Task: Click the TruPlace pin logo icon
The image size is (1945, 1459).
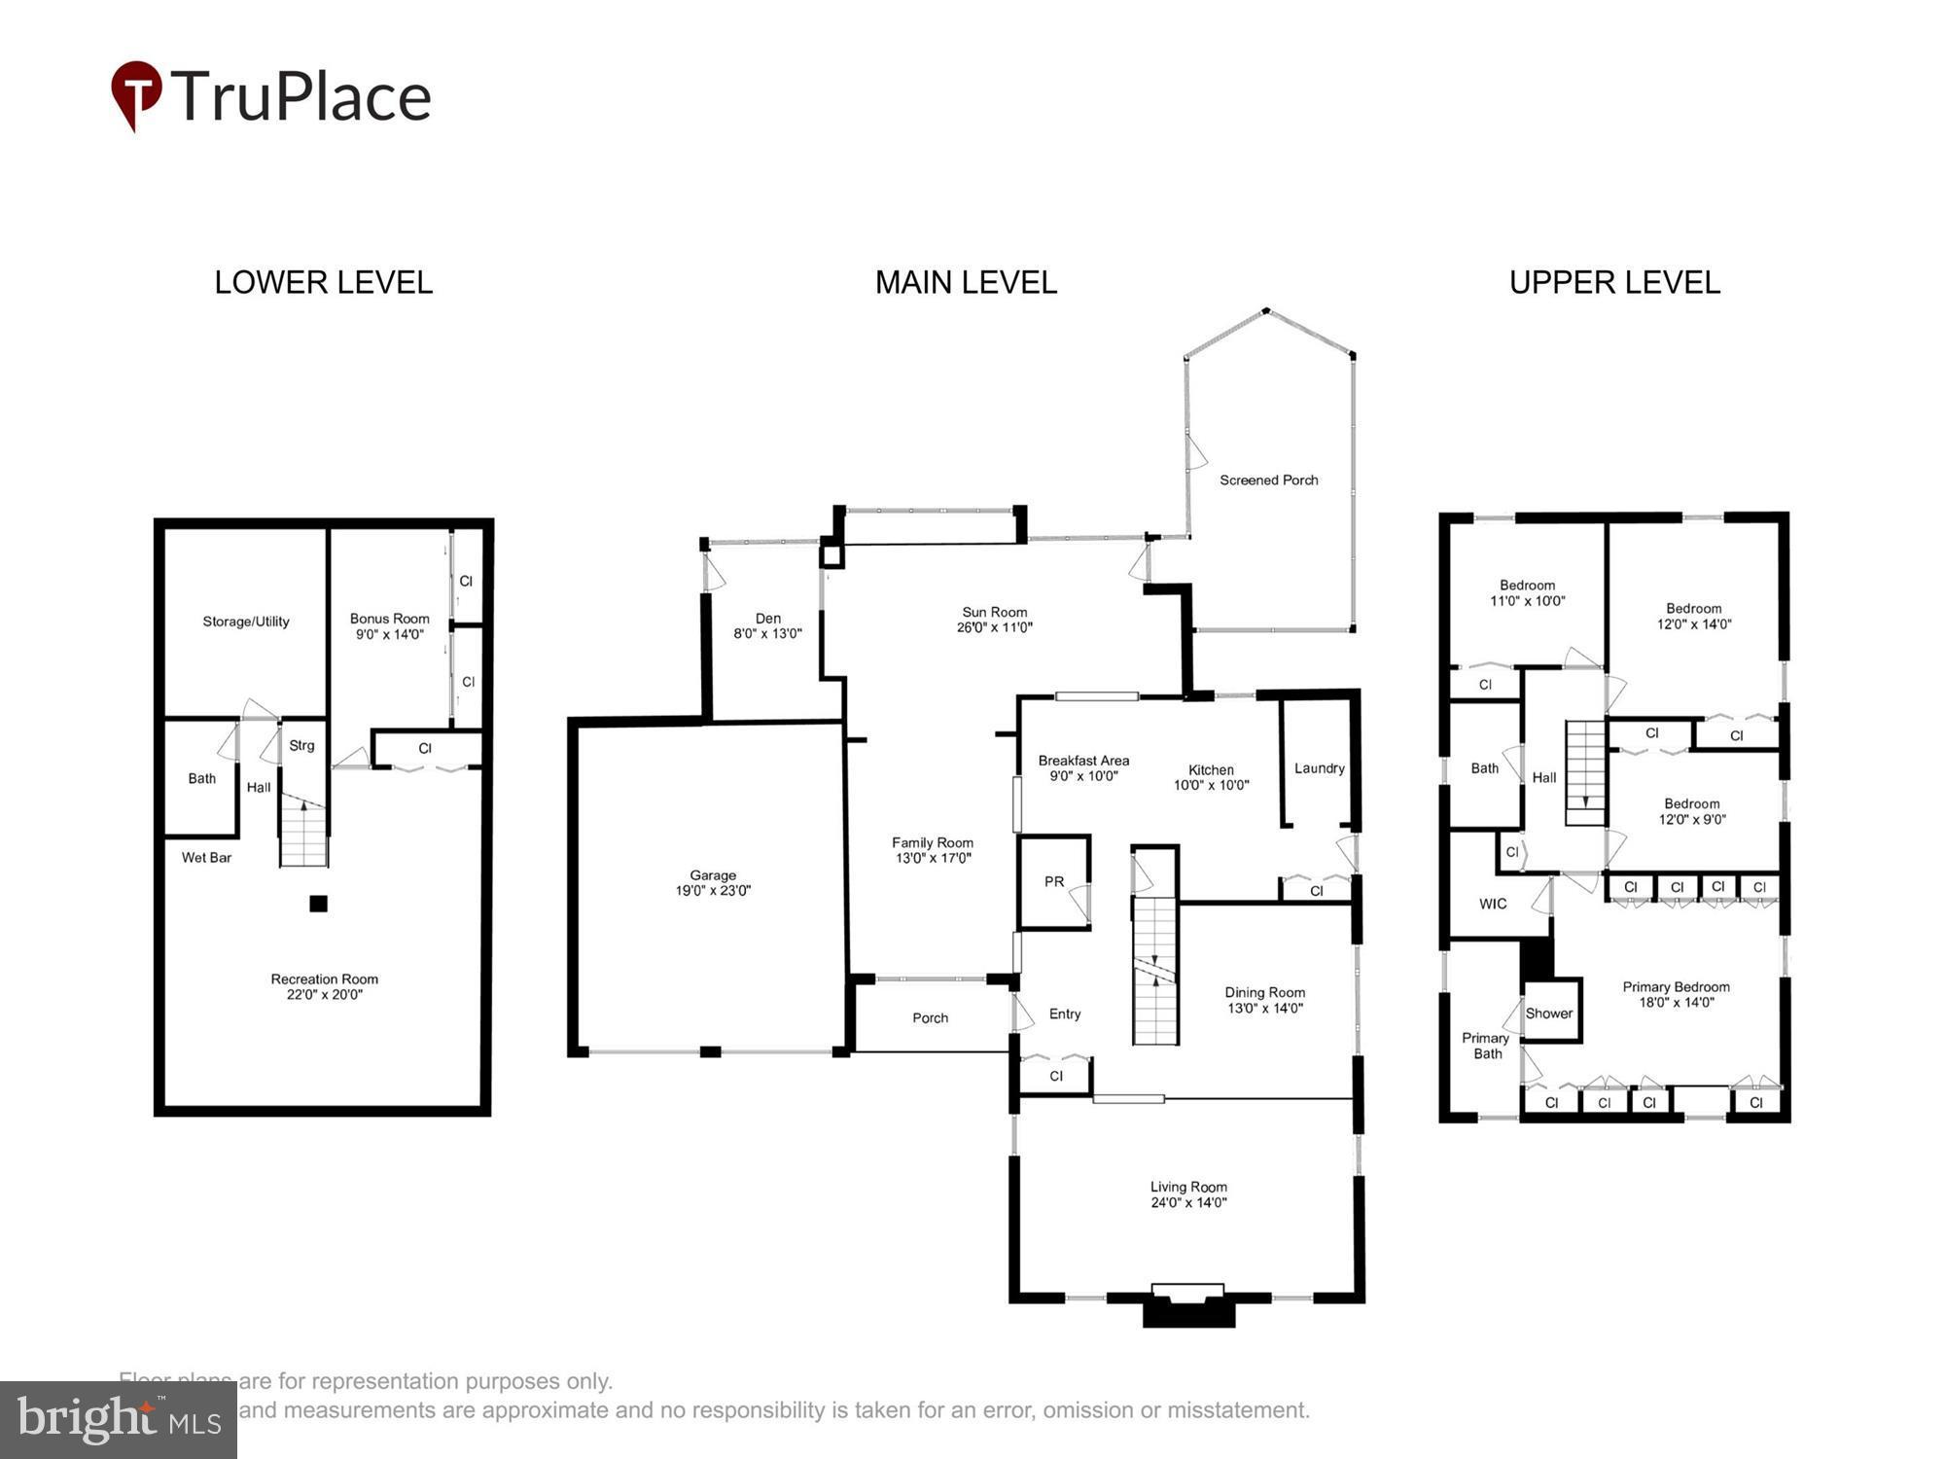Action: (x=136, y=93)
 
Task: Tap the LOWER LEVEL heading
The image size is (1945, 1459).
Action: (x=323, y=283)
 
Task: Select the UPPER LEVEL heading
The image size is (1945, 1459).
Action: (x=1614, y=283)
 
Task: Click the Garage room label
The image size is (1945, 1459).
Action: (x=713, y=875)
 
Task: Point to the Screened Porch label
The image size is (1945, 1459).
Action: (x=1268, y=480)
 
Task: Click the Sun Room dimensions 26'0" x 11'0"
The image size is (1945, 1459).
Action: (x=994, y=628)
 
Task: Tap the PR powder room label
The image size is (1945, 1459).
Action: (x=1054, y=882)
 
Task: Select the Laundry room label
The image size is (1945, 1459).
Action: (x=1319, y=768)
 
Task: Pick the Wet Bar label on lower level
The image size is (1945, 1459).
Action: (x=206, y=858)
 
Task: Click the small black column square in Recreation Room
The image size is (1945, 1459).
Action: (x=318, y=904)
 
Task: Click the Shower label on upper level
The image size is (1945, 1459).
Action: (x=1548, y=1014)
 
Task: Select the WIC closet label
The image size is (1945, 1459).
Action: (x=1493, y=905)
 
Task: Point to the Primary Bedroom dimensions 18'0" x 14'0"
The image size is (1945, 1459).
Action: (x=1675, y=1003)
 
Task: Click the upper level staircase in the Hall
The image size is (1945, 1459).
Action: (x=1584, y=773)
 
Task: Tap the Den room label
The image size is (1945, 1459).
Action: (x=767, y=619)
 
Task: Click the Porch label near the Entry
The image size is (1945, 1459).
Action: (x=930, y=1018)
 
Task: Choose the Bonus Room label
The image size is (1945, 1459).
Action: (x=389, y=619)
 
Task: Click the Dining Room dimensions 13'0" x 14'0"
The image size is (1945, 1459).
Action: (x=1264, y=1009)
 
